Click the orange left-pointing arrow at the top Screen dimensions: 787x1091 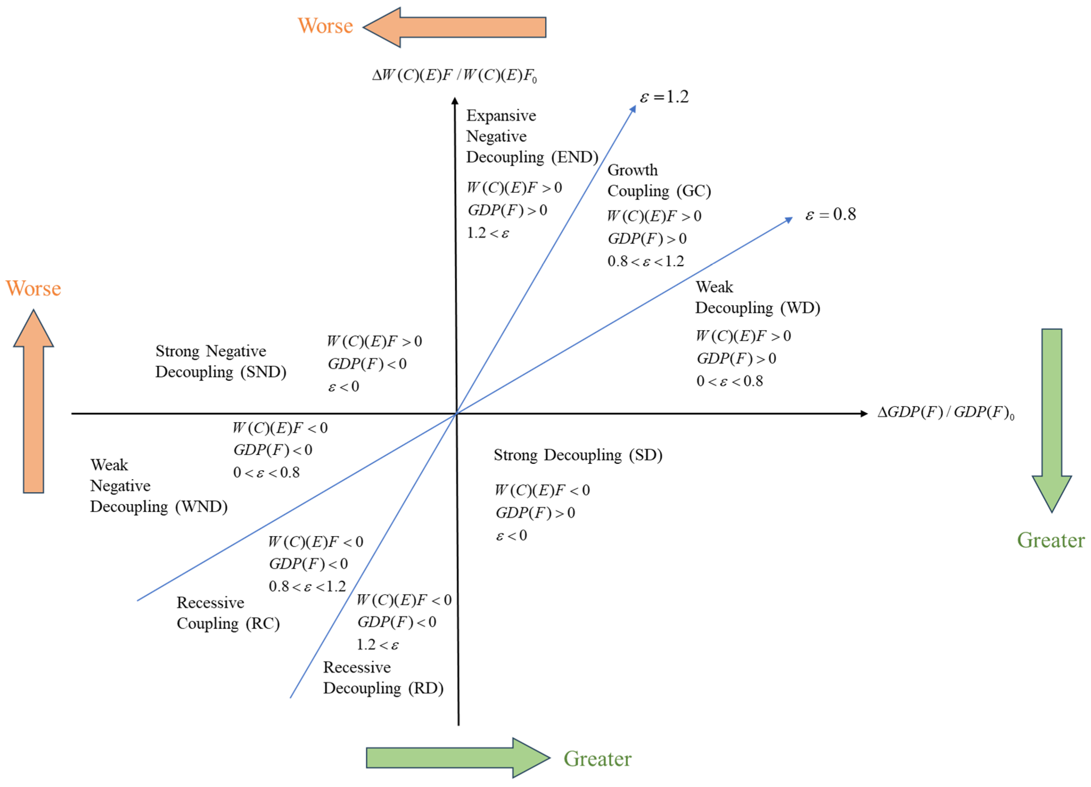(x=455, y=27)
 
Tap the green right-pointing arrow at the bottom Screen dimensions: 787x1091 (x=457, y=758)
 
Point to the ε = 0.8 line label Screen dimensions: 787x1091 (x=831, y=214)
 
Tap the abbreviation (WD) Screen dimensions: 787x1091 (x=800, y=308)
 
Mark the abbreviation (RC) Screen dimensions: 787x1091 (x=263, y=623)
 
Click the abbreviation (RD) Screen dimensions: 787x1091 (x=426, y=688)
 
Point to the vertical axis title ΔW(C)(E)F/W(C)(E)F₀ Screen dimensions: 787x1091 (x=454, y=75)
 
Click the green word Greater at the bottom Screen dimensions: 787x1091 (x=597, y=759)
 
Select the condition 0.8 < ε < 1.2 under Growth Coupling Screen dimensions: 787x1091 (x=646, y=261)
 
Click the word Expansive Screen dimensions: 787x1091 (x=501, y=116)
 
